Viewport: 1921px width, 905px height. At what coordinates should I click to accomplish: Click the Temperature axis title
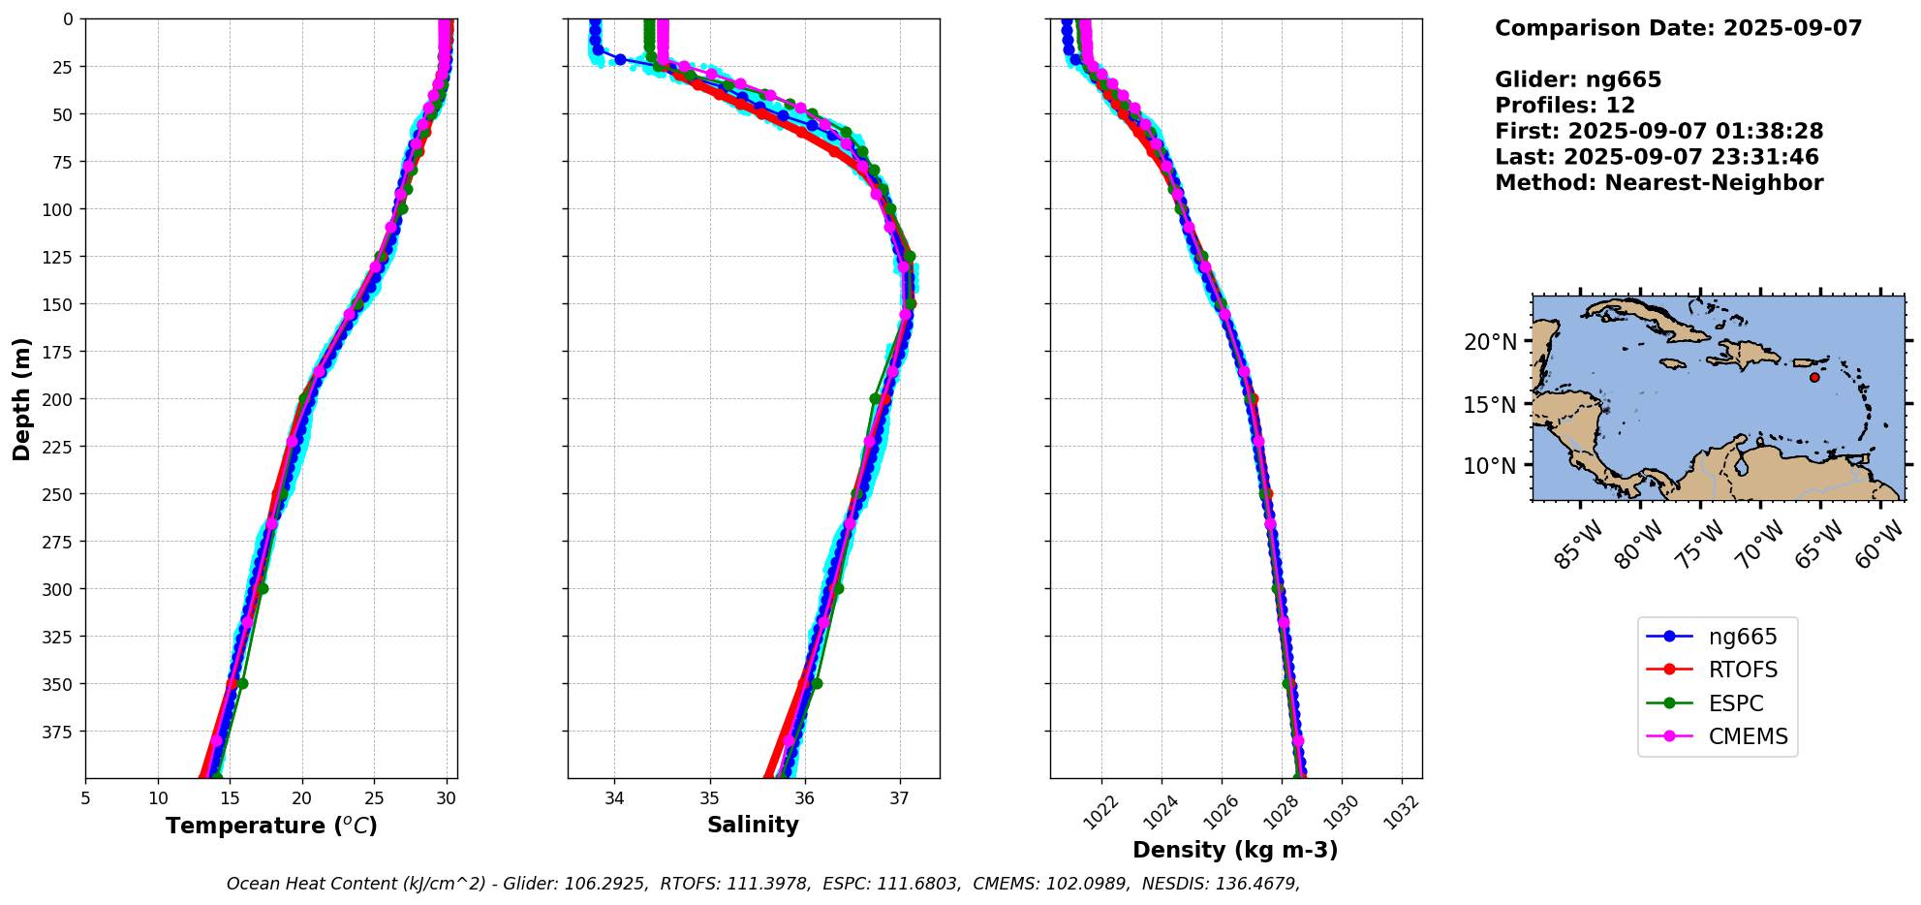tap(271, 826)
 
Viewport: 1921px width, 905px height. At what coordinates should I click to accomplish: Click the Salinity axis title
tap(753, 825)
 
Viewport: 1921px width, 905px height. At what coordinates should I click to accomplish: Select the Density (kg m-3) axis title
tap(1235, 850)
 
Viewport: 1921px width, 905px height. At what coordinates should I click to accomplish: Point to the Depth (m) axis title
tap(21, 398)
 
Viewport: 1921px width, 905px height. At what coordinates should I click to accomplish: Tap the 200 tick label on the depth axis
tap(60, 399)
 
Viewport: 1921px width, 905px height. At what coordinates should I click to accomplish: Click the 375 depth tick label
tap(60, 732)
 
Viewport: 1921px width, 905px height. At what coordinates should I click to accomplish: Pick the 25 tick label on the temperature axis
tap(374, 798)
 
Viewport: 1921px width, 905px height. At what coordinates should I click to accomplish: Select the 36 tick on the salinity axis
tap(805, 798)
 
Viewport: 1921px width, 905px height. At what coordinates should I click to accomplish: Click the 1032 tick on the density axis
tap(1401, 812)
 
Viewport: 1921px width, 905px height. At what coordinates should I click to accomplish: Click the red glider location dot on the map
tap(1814, 377)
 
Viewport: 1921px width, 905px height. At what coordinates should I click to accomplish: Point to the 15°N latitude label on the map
tap(1490, 404)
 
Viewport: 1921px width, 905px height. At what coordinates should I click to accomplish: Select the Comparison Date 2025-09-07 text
tap(1678, 28)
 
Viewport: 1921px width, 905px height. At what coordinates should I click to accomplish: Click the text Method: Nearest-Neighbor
tap(1658, 183)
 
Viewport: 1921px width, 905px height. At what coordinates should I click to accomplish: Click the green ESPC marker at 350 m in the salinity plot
tap(817, 683)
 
